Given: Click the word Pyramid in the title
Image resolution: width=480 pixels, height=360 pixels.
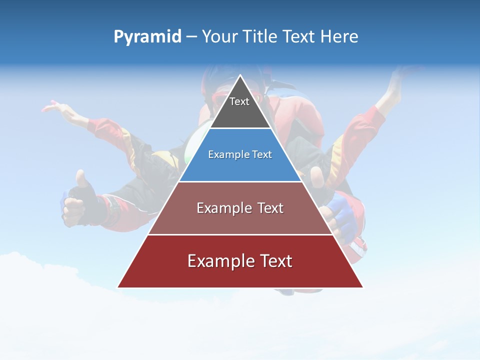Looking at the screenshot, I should pyautogui.click(x=147, y=37).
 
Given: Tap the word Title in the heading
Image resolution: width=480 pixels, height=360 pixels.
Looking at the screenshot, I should pyautogui.click(x=262, y=37).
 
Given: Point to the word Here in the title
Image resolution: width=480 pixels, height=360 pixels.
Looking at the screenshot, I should pyautogui.click(x=339, y=37).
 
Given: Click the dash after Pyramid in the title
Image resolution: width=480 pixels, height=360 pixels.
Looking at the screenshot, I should pyautogui.click(x=191, y=37).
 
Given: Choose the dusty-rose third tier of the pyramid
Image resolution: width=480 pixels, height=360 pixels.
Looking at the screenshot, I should pyautogui.click(x=240, y=220).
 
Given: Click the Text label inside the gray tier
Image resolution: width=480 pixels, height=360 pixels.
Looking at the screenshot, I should pyautogui.click(x=239, y=101).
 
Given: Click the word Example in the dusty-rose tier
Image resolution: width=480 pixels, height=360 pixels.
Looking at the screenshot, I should pyautogui.click(x=218, y=208).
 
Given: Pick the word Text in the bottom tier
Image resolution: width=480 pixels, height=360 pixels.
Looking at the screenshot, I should pyautogui.click(x=275, y=261).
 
